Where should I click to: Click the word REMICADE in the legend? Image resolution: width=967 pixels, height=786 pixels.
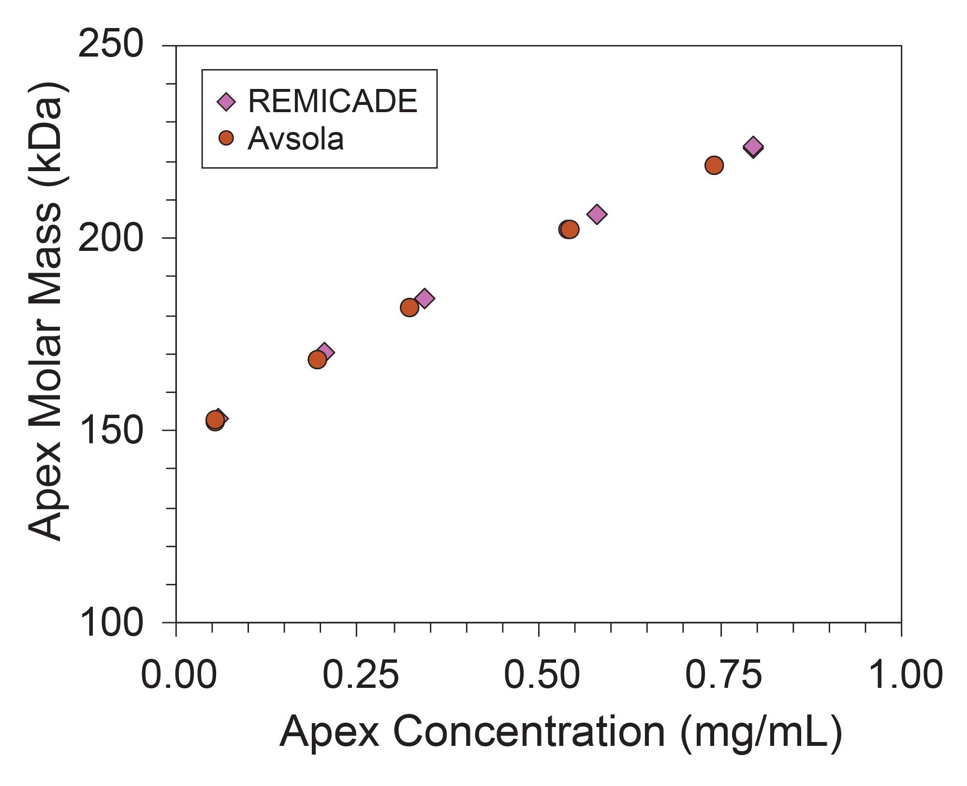click(333, 102)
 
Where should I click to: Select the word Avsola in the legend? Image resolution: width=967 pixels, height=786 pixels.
click(295, 139)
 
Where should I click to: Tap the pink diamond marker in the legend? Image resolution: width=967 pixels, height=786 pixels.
click(226, 102)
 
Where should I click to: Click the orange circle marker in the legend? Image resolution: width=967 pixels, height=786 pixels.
click(226, 138)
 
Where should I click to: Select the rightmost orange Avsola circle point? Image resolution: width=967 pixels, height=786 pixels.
click(714, 165)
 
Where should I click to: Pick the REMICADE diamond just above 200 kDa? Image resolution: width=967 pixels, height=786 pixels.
click(597, 214)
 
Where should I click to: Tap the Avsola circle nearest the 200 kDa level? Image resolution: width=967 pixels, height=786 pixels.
click(569, 229)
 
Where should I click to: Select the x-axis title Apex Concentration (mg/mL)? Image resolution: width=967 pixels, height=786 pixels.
click(561, 732)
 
